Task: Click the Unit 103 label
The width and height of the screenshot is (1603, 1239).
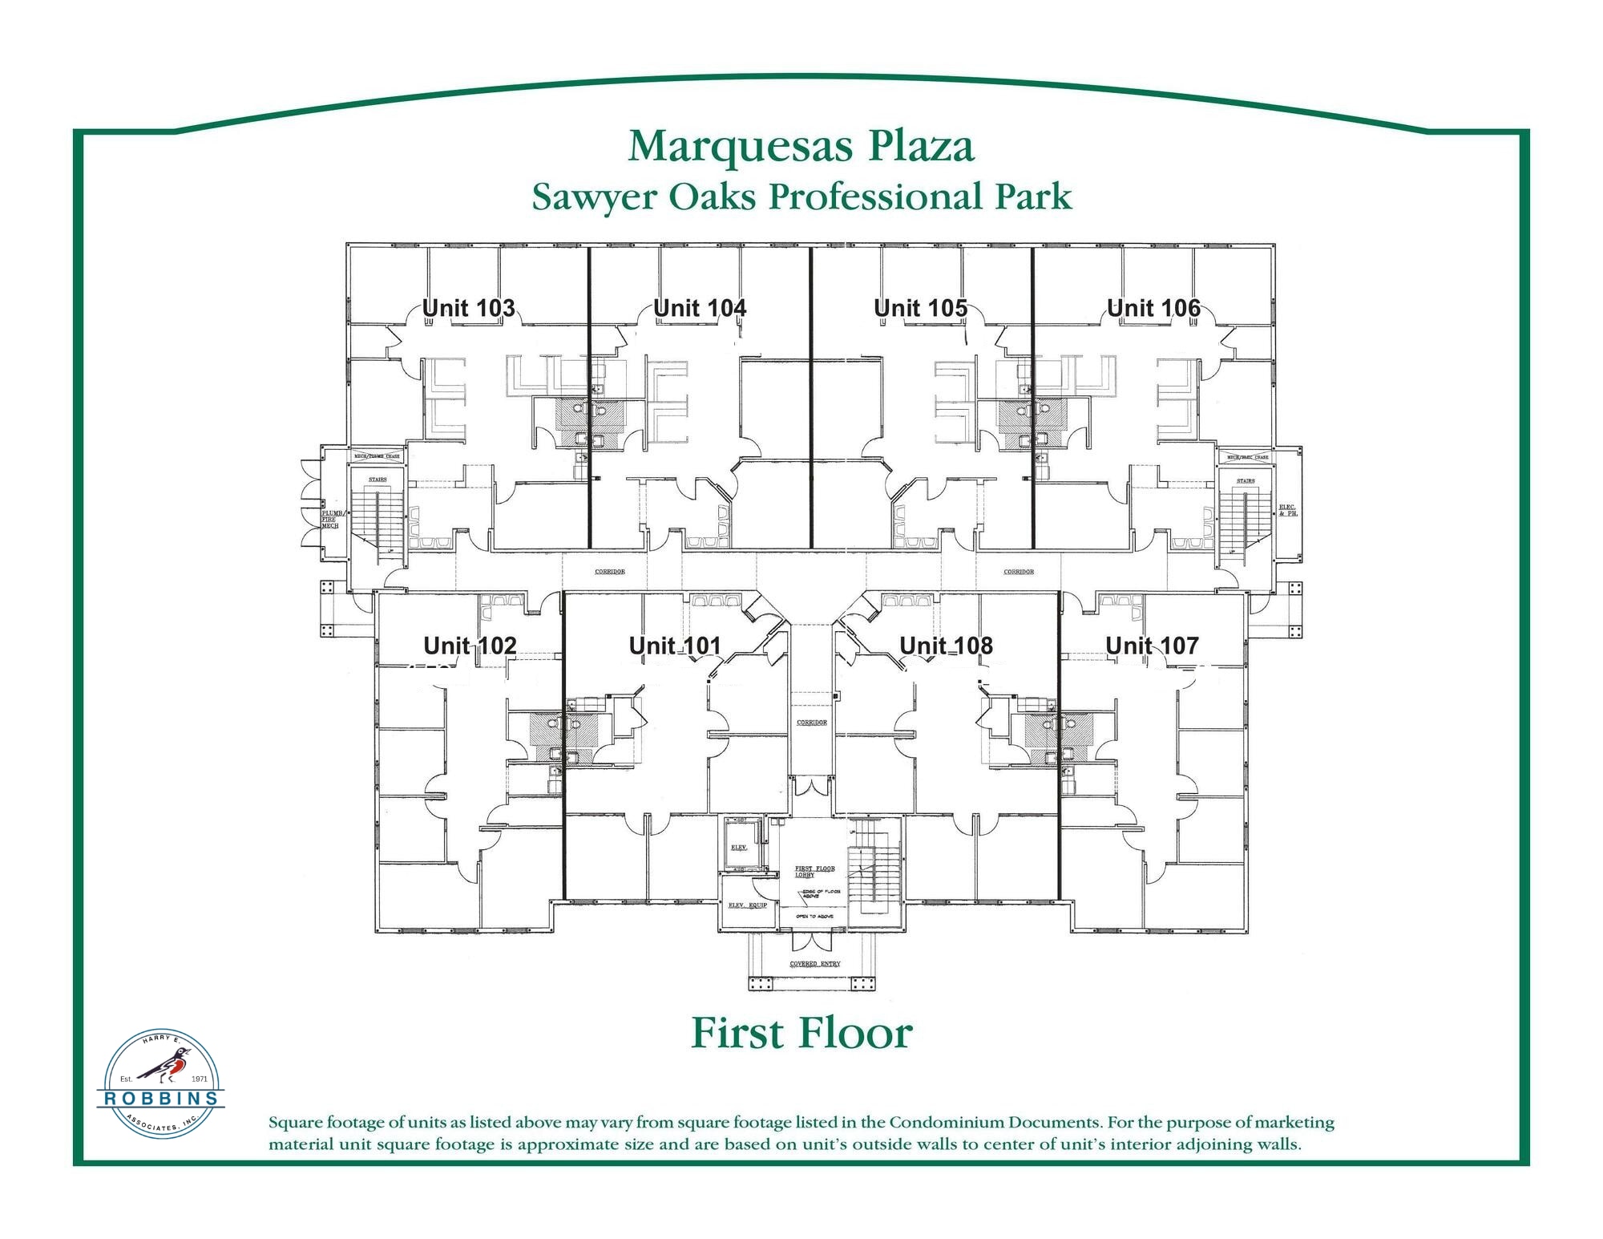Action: click(468, 308)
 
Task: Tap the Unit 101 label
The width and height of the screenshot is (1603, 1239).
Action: click(675, 646)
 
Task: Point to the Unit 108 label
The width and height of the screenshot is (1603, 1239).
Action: click(946, 646)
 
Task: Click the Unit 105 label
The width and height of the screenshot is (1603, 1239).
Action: click(920, 308)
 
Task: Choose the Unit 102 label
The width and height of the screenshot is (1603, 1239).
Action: click(470, 646)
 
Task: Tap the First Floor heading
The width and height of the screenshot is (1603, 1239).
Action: click(801, 1033)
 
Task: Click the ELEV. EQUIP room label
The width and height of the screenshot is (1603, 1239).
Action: click(747, 905)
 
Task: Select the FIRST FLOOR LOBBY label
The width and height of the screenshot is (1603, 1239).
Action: click(814, 872)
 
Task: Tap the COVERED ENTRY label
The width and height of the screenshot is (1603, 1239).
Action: click(814, 963)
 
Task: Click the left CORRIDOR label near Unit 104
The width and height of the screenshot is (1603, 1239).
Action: click(609, 572)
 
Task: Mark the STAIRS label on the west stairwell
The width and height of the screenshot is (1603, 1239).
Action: click(377, 480)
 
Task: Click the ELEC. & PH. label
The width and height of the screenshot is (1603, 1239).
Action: click(1287, 509)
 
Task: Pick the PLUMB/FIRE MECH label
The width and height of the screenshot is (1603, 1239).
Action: click(330, 519)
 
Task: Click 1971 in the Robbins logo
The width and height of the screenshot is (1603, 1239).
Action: click(199, 1079)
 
